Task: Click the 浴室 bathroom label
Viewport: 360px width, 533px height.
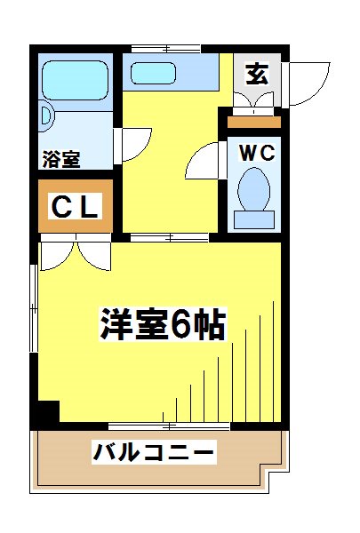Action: tap(60, 161)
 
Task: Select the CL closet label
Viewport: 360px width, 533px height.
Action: tap(77, 209)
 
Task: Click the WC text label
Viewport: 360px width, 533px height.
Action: tap(254, 152)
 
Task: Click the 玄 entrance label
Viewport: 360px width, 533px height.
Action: tap(257, 75)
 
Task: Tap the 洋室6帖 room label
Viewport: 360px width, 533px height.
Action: tap(162, 326)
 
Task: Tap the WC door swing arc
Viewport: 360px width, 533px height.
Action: tap(204, 160)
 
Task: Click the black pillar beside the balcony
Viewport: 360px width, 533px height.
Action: tap(45, 413)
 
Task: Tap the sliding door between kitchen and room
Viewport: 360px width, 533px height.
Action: tap(169, 237)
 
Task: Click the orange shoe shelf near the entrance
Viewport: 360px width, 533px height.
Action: tap(253, 122)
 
